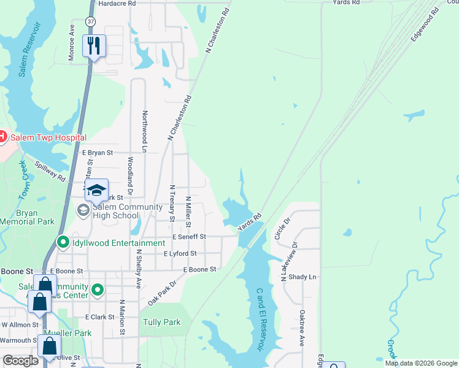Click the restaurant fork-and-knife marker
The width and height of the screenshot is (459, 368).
pos(94,46)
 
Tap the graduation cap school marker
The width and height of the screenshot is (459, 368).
pos(96,190)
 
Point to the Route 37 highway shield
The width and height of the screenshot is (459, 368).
pos(91,21)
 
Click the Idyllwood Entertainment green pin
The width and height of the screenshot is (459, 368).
pos(63,243)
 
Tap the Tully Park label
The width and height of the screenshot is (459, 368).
pos(161,322)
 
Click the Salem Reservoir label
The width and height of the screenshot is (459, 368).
pos(28,49)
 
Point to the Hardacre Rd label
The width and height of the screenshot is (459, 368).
pos(117,3)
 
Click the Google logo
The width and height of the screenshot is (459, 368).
pos(20,361)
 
